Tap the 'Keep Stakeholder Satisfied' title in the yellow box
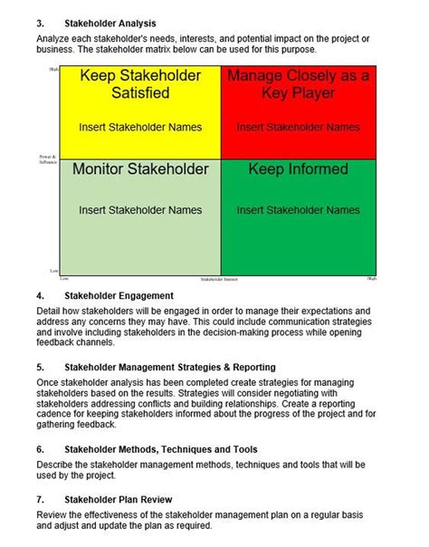pos(139,85)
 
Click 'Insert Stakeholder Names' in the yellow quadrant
pos(139,127)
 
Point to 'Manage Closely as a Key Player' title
pos(298,85)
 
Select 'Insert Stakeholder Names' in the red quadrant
pos(298,127)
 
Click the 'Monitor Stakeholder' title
pos(139,169)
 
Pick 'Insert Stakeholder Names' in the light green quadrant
pos(139,210)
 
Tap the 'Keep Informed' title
pos(298,169)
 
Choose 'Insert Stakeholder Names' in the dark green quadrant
pos(298,210)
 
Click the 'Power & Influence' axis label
pos(48,159)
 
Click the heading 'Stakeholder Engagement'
pos(118,295)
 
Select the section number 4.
pos(40,295)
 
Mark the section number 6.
pos(40,449)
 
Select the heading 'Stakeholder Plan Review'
pos(119,499)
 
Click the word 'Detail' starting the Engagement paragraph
pos(50,311)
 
